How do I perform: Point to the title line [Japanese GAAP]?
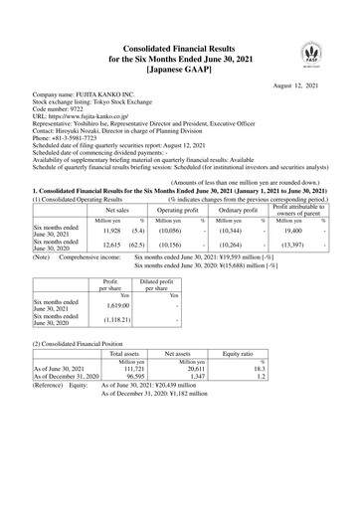point(180,70)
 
